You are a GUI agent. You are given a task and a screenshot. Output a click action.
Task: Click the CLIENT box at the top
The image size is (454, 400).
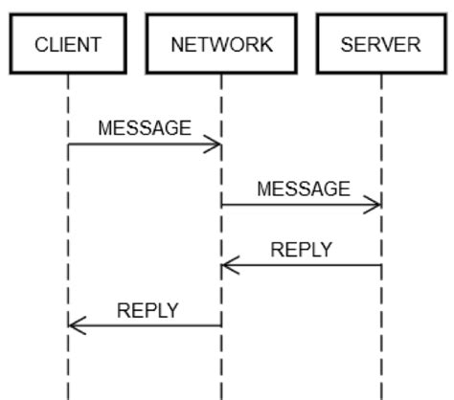point(68,44)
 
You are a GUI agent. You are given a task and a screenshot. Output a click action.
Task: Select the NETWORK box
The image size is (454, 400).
point(221,44)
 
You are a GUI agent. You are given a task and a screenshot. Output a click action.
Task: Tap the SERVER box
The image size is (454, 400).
point(380,44)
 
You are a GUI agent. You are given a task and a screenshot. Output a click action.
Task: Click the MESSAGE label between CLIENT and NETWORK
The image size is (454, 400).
point(145,128)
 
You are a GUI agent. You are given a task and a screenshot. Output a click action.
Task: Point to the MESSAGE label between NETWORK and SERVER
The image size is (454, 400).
point(304,189)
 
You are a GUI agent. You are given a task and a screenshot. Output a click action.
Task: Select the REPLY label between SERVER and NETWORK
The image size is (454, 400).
point(302,250)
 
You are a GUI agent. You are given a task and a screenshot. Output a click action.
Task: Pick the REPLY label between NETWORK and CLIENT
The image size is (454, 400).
point(148,310)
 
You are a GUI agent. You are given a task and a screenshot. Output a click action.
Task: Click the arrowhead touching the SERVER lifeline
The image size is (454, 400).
point(373,205)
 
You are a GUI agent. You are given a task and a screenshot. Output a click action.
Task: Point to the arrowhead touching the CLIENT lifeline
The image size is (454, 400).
point(77,326)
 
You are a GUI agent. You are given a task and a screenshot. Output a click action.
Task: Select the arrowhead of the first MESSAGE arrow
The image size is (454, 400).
point(213,144)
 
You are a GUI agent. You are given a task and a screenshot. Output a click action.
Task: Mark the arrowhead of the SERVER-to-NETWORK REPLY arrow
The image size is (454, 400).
point(230,266)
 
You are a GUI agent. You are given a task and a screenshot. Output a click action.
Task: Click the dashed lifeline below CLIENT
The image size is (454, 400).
point(68,220)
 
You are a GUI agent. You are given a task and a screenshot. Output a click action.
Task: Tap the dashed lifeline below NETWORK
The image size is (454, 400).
point(221,364)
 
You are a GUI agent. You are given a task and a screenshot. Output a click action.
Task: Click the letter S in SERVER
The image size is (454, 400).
point(348,44)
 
